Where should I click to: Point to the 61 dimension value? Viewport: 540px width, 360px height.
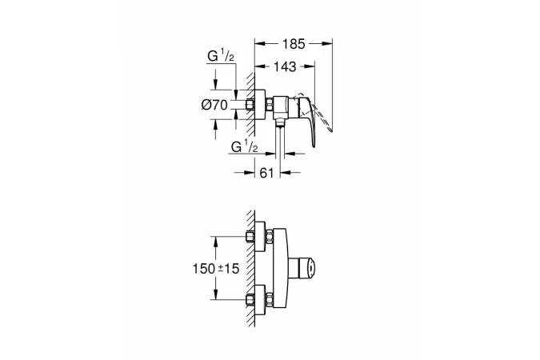click(x=266, y=171)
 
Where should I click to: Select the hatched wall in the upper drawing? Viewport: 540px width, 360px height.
click(x=250, y=104)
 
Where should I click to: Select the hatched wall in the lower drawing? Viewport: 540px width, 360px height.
click(x=250, y=272)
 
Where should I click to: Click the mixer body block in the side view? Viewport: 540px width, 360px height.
click(x=280, y=104)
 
